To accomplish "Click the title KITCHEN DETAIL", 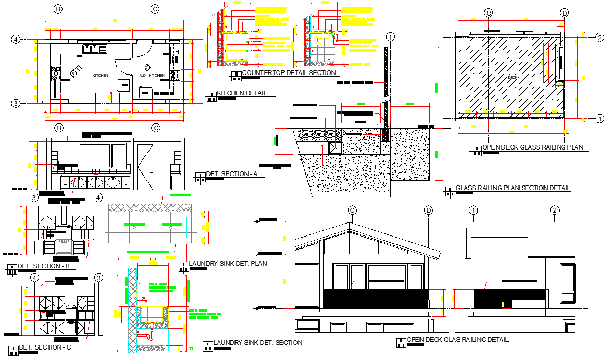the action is click(242, 93).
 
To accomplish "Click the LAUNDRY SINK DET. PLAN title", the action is click(228, 264).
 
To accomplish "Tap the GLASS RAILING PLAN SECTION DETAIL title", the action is click(513, 188).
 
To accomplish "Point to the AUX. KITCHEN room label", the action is click(152, 76).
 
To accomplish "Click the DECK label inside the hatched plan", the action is click(513, 78).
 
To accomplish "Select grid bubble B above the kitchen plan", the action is click(58, 9).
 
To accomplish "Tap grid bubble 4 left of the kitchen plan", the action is click(16, 39).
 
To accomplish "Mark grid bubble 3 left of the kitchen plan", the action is click(16, 103).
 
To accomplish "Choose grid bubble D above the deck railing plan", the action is click(564, 13).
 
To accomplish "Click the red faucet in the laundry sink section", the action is click(143, 300).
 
